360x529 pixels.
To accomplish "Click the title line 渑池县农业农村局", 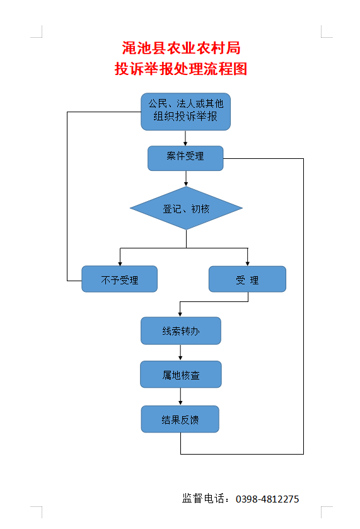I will pos(181,48).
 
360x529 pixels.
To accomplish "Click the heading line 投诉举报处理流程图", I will pos(181,69).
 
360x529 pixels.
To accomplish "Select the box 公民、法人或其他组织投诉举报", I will pos(185,112).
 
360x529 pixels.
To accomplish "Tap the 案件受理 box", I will pos(185,158).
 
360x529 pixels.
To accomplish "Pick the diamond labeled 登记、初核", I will pos(186,208).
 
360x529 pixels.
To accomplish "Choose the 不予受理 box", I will pos(119,279).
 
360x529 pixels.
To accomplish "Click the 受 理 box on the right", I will pos(247,279).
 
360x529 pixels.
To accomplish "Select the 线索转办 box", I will pos(180,330).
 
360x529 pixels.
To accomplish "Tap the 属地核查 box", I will pos(180,375).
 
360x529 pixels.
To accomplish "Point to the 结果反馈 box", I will pos(180,419).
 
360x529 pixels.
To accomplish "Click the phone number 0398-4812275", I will pos(267,499).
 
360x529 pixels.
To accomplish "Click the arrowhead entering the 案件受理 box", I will pos(185,143).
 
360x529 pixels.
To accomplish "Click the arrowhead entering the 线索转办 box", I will pos(180,314).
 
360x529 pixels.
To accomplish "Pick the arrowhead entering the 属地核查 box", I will pos(180,358).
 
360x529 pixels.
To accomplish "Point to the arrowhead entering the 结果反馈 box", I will pos(180,402).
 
